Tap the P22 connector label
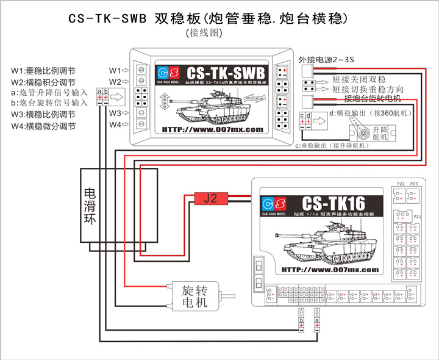401,184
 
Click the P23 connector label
415,184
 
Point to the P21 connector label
418,216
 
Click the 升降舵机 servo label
380,135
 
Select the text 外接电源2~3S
327,59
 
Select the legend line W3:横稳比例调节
43,114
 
